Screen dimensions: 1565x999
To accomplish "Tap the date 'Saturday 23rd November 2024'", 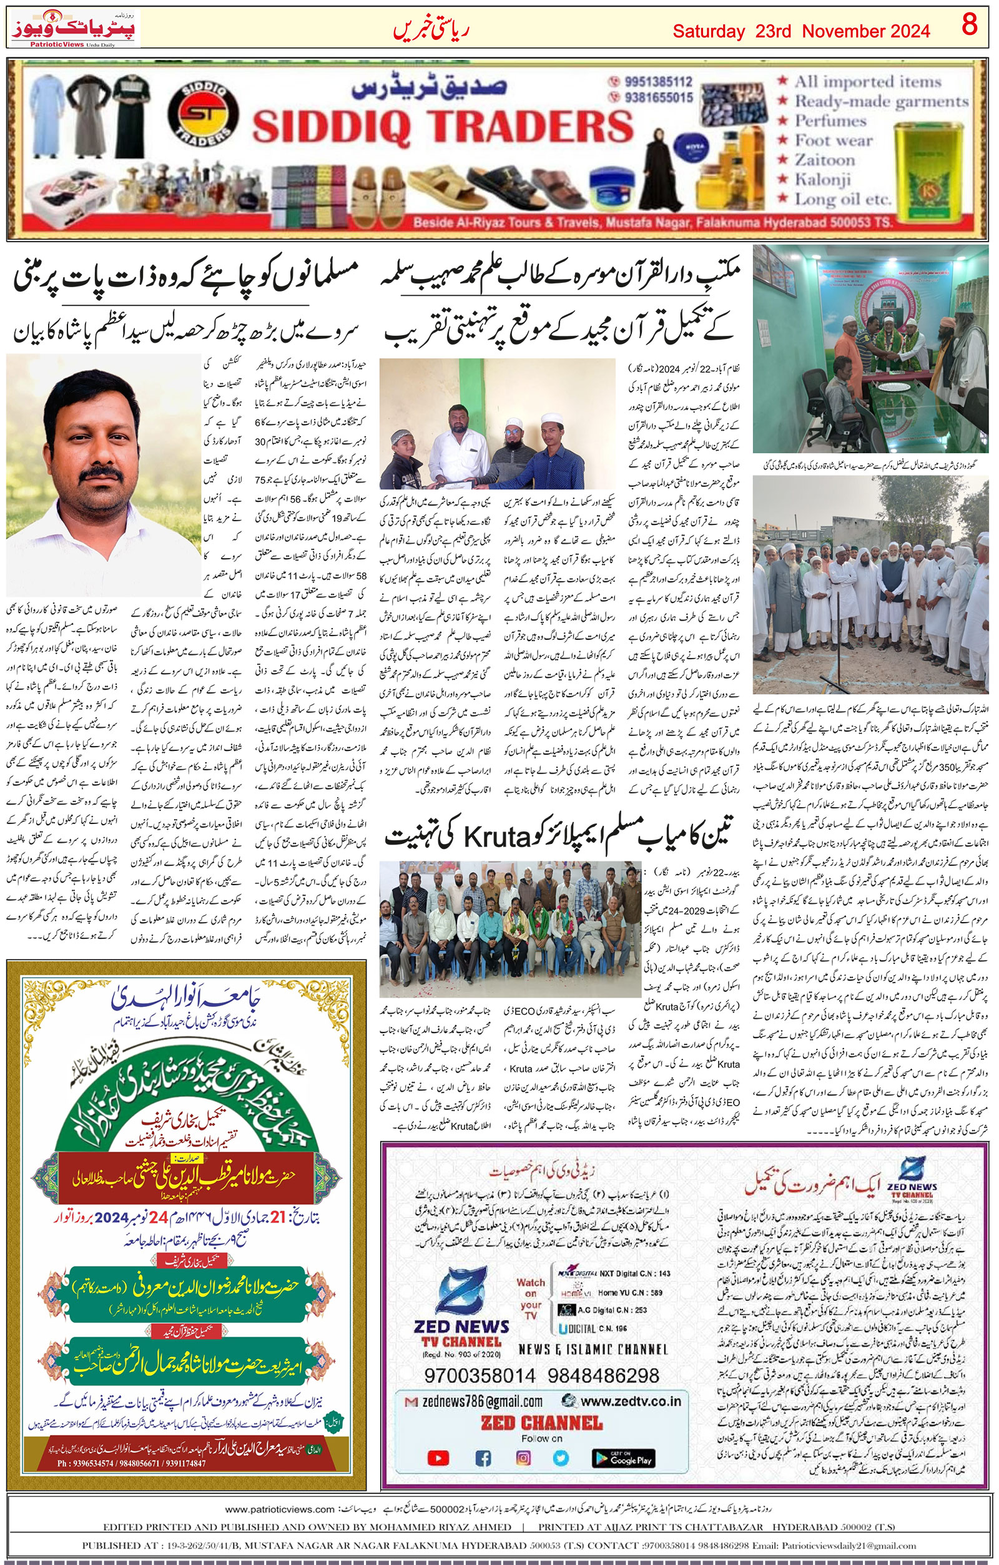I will point(800,31).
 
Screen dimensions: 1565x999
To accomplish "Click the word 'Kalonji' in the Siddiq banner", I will point(822,179).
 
